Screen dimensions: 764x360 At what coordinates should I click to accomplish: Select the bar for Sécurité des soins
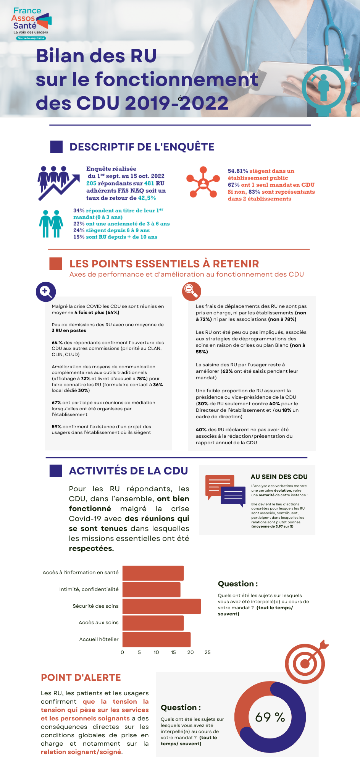[x=161, y=606]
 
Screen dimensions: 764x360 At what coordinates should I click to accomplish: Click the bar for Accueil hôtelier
[x=157, y=639]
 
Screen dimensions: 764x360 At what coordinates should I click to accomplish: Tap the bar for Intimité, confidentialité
[x=151, y=589]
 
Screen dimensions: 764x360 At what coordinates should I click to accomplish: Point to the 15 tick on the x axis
[x=173, y=652]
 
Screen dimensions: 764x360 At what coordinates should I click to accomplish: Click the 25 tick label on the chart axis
[x=207, y=652]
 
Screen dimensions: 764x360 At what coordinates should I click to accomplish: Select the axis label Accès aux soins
[x=98, y=623]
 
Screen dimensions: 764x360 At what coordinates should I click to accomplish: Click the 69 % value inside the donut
[x=270, y=717]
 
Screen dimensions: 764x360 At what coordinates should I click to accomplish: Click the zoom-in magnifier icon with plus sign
[x=46, y=292]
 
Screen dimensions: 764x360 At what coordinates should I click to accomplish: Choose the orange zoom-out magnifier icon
[x=191, y=291]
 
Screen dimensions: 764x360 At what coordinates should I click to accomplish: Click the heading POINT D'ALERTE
[x=81, y=678]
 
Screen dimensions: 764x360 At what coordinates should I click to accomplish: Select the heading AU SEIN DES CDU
[x=279, y=477]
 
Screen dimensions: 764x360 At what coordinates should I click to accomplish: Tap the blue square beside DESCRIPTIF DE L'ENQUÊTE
[x=56, y=147]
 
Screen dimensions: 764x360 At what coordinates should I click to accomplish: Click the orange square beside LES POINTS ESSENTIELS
[x=56, y=264]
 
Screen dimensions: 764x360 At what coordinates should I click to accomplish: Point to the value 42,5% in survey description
[x=147, y=198]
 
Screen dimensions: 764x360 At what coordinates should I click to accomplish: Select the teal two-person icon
[x=51, y=224]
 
